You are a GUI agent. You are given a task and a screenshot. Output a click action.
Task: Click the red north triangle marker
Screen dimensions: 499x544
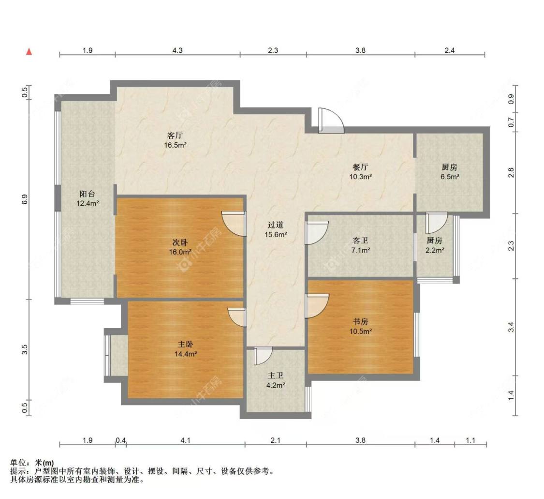click(29, 51)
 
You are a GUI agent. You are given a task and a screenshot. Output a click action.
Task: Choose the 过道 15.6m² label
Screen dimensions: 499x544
click(276, 229)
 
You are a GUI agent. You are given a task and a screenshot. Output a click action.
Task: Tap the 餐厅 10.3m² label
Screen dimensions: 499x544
click(361, 172)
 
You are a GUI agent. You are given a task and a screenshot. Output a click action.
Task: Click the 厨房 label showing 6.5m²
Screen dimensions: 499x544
click(450, 172)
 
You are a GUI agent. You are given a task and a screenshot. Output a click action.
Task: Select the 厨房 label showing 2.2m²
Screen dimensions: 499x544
click(434, 245)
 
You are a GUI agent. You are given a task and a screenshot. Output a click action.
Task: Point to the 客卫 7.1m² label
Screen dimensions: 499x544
click(361, 245)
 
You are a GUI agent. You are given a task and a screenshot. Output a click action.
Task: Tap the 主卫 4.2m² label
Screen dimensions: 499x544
click(275, 380)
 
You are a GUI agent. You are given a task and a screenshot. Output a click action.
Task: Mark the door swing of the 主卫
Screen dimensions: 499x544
click(263, 356)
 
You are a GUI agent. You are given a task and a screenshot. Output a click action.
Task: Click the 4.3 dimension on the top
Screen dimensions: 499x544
click(177, 50)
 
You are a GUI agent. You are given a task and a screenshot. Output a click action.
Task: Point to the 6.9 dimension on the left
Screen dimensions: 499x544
click(25, 199)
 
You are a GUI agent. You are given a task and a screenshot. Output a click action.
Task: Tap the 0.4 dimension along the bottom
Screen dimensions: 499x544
click(121, 440)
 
